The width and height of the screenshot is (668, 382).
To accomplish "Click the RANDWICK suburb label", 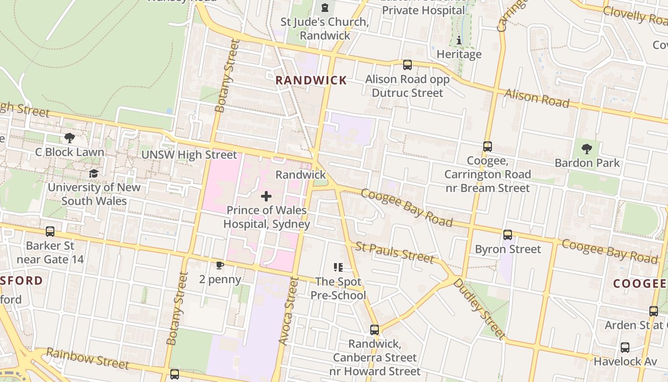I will coord(311,81).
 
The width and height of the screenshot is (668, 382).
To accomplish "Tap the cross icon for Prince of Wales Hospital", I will coord(266,196).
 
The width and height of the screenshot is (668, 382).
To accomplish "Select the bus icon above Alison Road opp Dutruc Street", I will coord(407,65).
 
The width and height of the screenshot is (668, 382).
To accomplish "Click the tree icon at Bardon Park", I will coord(587,149).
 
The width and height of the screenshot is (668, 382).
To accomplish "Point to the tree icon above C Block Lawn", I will coord(70,138).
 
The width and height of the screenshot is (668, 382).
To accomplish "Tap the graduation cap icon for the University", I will coord(94,173).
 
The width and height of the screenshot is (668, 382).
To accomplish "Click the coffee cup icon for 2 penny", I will coord(219,265).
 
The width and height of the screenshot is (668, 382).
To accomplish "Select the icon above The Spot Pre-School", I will coord(338,267).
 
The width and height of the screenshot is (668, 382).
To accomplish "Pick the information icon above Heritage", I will coord(459,40).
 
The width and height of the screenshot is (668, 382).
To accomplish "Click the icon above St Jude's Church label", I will coord(325,8).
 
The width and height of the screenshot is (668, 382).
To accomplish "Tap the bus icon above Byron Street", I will coord(508,235).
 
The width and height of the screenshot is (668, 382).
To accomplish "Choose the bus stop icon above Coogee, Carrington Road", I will coord(487,147).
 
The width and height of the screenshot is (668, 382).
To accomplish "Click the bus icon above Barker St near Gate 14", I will coord(50,232).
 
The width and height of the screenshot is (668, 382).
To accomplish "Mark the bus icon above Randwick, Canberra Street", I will coord(375,330).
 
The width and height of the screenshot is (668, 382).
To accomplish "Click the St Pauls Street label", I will coord(395,253).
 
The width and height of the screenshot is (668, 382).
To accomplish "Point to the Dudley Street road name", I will coord(479,308).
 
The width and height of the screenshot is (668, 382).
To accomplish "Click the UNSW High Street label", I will coord(189,155).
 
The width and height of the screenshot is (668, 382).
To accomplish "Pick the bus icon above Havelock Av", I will coord(625,348).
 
